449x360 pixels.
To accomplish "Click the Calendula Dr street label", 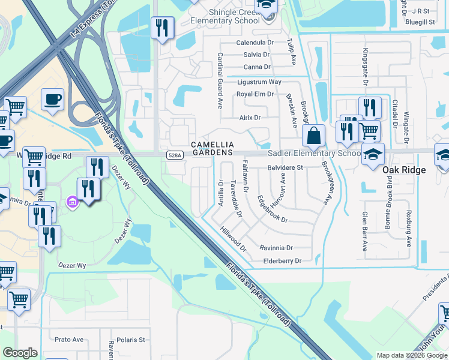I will (x=255, y=43).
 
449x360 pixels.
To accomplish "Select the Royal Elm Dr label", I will (x=255, y=94).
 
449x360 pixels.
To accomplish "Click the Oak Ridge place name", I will (x=404, y=170).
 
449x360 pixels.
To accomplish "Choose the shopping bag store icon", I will (x=313, y=136).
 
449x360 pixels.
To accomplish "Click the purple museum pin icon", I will (x=73, y=202).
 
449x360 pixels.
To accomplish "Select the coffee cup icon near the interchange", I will (x=53, y=99).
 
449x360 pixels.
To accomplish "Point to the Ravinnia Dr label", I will (x=276, y=248).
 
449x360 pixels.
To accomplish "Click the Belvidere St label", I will (x=285, y=169).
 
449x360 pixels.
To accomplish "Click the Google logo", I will (x=20, y=353).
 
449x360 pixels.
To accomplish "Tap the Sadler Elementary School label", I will (x=313, y=154).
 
